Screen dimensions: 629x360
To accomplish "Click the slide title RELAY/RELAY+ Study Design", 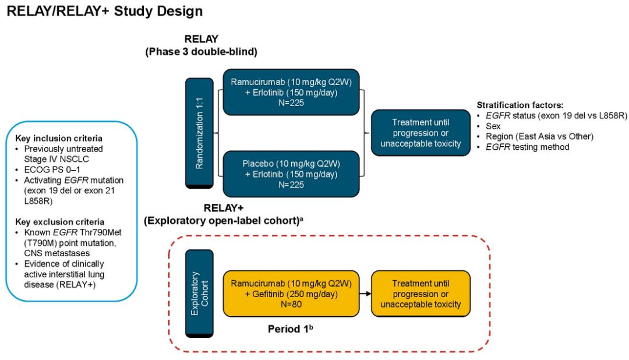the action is point(105,11).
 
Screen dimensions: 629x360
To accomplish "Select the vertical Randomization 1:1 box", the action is point(199,133).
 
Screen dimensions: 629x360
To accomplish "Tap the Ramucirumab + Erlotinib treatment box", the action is point(291,92).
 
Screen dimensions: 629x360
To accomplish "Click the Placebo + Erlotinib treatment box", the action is point(291,174).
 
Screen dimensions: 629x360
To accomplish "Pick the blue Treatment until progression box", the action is point(421,133).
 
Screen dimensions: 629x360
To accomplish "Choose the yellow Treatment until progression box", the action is point(421,294).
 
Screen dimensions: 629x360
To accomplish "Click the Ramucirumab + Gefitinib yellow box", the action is point(291,294).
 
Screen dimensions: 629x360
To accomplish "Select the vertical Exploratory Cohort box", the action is point(199,294).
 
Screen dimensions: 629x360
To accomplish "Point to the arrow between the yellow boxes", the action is point(365,294).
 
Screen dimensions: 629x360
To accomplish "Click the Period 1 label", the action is point(291,329).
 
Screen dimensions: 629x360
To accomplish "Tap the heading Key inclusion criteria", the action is point(59,139).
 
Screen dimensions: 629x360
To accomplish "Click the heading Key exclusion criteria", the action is point(60,222).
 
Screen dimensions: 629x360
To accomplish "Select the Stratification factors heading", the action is point(520,105).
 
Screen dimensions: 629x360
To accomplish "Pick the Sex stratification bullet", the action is point(493,126).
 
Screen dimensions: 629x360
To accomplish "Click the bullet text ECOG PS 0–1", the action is point(52,170).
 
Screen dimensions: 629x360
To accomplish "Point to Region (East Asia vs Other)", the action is point(539,136).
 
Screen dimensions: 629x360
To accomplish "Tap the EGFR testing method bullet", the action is point(528,147).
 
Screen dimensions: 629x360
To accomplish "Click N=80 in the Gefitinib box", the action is point(291,304).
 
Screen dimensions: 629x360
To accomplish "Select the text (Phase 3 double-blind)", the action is point(201,52).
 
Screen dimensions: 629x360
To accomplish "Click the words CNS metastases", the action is point(57,253).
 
